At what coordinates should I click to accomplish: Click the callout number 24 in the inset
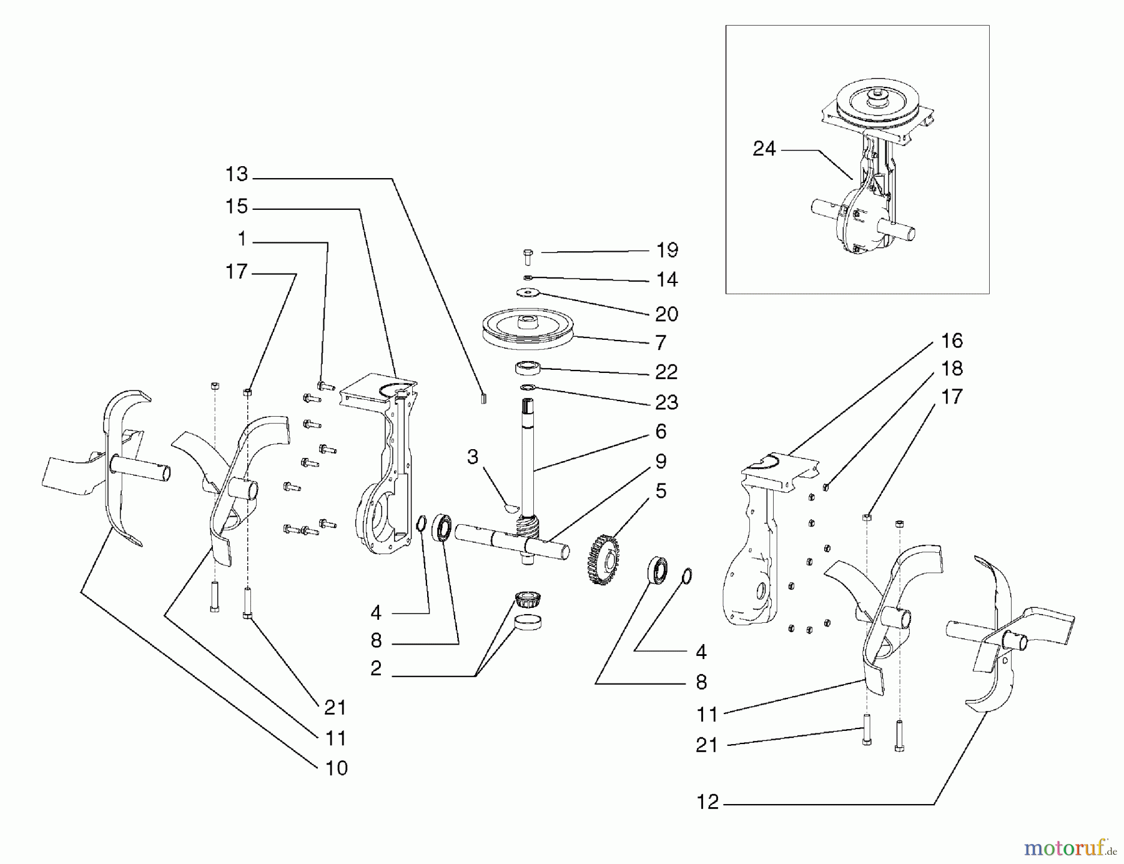pyautogui.click(x=764, y=149)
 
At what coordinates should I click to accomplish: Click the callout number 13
pyautogui.click(x=237, y=174)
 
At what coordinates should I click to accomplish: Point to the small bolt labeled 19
pyautogui.click(x=528, y=256)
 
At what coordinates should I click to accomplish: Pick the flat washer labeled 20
pyautogui.click(x=528, y=292)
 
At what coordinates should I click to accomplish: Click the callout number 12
pyautogui.click(x=707, y=802)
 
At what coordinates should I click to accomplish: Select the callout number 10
pyautogui.click(x=336, y=768)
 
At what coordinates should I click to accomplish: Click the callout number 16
pyautogui.click(x=952, y=341)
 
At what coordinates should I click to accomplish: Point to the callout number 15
pyautogui.click(x=237, y=207)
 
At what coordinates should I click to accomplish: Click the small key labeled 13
pyautogui.click(x=483, y=398)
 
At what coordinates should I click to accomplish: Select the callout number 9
pyautogui.click(x=661, y=462)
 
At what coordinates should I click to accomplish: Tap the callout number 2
pyautogui.click(x=376, y=668)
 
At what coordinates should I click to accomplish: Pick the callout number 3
pyautogui.click(x=473, y=457)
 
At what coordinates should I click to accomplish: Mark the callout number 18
pyautogui.click(x=952, y=369)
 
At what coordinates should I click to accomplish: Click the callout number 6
pyautogui.click(x=661, y=432)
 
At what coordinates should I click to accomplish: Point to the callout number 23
pyautogui.click(x=666, y=402)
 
